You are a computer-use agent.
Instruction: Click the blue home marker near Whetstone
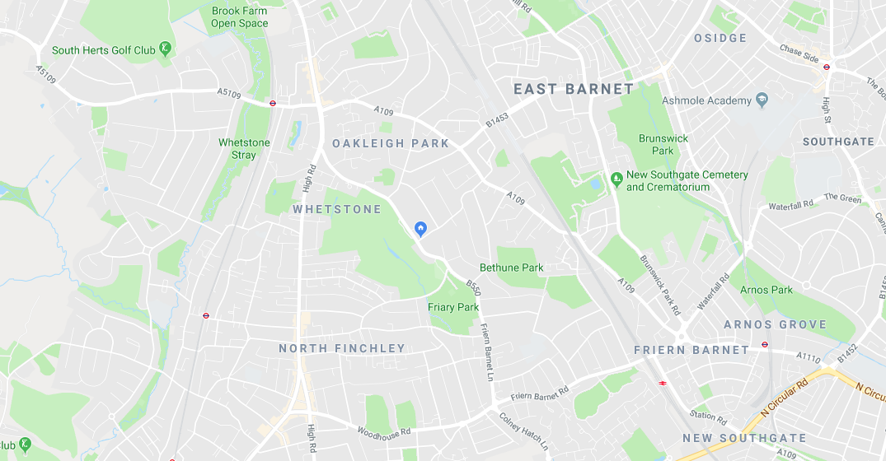[421, 228]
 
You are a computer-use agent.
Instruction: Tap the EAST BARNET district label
[574, 89]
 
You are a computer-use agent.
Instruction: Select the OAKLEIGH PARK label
[391, 143]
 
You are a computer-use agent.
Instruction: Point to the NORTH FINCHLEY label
[342, 348]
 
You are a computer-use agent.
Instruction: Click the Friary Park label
[453, 307]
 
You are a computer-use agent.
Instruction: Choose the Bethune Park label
[511, 267]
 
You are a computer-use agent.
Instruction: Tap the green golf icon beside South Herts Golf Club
[166, 49]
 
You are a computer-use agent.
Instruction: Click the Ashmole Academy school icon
[762, 100]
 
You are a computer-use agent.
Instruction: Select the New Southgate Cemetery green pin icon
[616, 178]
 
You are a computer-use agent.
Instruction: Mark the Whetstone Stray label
[244, 148]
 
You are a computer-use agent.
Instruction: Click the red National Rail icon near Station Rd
[661, 382]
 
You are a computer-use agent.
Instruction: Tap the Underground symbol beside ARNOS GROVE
[765, 345]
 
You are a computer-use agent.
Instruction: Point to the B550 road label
[473, 287]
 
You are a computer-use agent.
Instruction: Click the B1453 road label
[498, 121]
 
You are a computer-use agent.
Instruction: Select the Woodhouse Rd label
[383, 431]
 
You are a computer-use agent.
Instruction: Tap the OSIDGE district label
[720, 38]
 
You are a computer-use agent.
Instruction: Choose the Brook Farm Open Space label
[239, 16]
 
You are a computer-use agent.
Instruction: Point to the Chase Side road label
[799, 54]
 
